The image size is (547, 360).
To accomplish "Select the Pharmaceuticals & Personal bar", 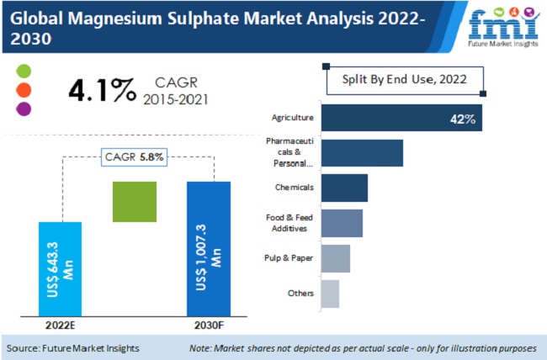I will point(362,153).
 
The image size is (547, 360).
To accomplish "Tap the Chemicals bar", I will point(344,188).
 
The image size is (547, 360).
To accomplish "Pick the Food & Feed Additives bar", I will point(342,223).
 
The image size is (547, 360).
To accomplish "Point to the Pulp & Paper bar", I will point(335,258).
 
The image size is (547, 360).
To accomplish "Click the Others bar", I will point(330,294).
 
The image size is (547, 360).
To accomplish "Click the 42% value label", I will point(462,118).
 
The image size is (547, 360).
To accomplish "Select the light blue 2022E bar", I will point(60,268).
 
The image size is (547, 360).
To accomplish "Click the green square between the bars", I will point(135,203).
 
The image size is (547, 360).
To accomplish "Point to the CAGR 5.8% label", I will point(135,156).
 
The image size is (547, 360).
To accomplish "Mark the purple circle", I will point(24,108).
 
